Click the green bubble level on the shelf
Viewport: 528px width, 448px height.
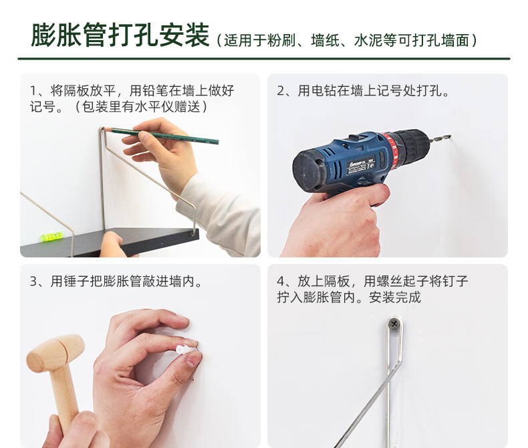(x=51, y=236)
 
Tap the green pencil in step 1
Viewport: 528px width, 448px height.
(x=162, y=136)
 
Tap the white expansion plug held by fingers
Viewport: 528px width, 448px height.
(x=184, y=350)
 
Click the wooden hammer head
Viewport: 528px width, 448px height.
(x=55, y=353)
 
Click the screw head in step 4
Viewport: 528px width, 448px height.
(x=394, y=324)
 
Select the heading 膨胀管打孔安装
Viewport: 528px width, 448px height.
(x=120, y=35)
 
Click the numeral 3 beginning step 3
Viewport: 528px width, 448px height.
(x=33, y=282)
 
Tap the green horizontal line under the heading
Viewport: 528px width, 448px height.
(x=264, y=59)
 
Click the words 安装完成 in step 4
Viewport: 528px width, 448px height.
(x=395, y=297)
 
